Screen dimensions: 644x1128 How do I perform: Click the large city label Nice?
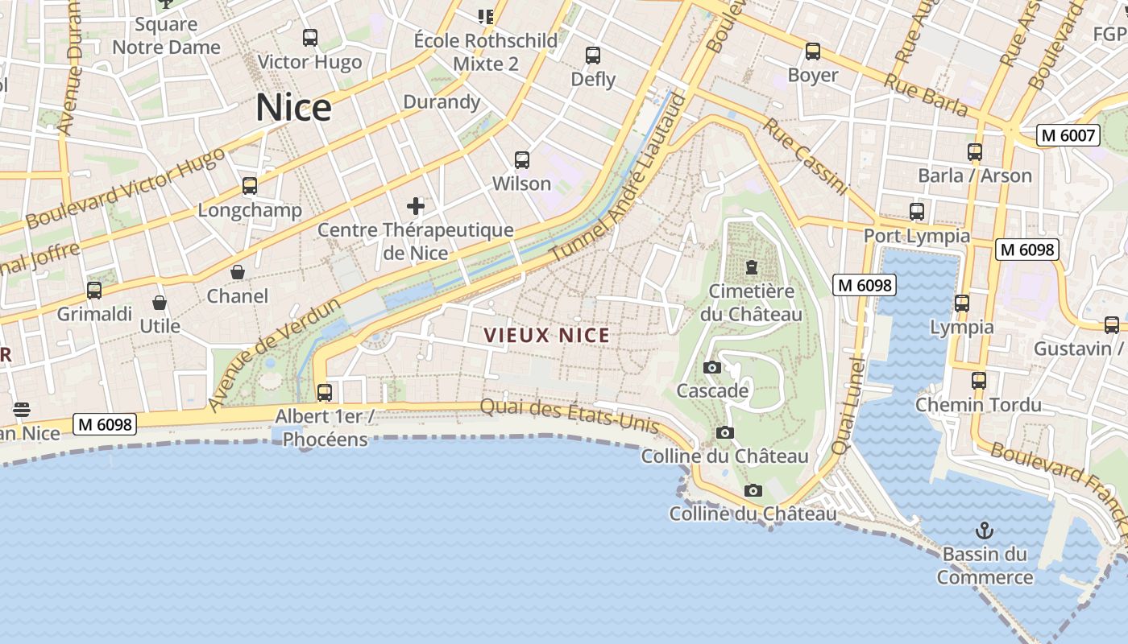point(294,108)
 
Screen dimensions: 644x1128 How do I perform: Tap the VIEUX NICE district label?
point(547,335)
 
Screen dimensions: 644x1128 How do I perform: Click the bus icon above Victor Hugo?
point(310,37)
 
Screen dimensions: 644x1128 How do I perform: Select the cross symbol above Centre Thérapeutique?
point(416,206)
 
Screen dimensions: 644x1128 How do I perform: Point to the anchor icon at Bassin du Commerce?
point(984,530)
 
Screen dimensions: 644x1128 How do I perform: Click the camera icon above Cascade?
point(712,368)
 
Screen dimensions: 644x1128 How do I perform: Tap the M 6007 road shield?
point(1069,135)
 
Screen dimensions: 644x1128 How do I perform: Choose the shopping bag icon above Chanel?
point(238,272)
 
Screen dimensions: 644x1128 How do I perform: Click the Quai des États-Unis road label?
point(570,416)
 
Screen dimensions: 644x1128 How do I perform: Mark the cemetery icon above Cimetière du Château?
point(752,266)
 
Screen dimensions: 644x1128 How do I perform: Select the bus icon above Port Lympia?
point(917,212)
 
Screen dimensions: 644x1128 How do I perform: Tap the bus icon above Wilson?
point(522,159)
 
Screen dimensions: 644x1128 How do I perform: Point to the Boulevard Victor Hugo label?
point(126,188)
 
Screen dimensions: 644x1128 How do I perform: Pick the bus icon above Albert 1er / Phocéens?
point(325,392)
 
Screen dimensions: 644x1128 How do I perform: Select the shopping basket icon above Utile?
point(160,303)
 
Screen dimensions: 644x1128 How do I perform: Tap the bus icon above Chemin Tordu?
point(979,381)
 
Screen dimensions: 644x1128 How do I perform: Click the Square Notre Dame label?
point(166,35)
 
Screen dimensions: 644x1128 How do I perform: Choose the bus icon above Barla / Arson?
point(975,151)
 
